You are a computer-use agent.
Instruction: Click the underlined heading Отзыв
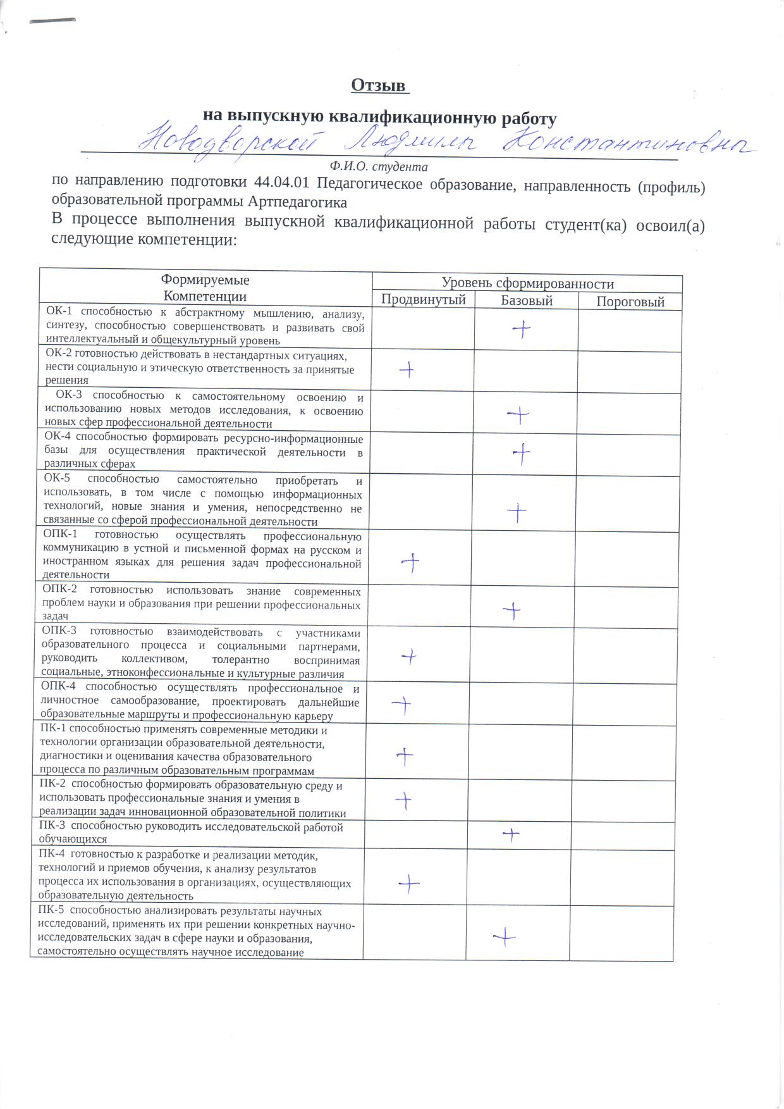coord(378,85)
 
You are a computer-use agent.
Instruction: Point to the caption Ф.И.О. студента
coord(379,167)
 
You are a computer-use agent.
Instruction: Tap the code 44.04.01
coord(281,183)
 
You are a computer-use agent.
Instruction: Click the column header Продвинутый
coord(423,300)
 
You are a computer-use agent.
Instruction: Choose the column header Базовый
coord(527,301)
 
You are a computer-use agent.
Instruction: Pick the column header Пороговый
coord(630,302)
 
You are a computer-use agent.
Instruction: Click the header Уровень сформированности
coord(527,284)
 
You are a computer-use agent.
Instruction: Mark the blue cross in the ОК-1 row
coord(522,329)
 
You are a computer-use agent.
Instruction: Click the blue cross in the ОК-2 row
coord(407,369)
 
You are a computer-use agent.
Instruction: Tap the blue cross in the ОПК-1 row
coord(411,562)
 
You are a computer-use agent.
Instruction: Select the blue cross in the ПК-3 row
coord(511,835)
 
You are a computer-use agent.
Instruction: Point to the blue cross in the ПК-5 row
coord(505,936)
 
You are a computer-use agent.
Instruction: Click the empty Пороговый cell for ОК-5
coord(627,502)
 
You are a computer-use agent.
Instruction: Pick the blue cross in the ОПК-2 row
coord(511,610)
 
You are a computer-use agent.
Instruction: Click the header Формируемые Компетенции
coord(205,288)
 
